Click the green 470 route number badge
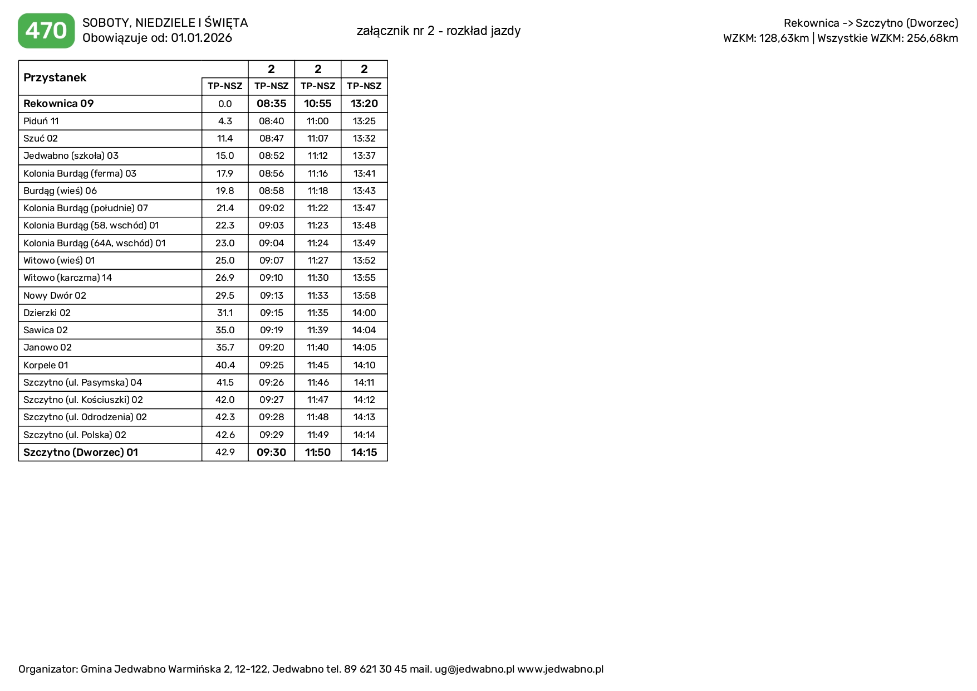pyautogui.click(x=46, y=31)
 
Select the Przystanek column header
pyautogui.click(x=55, y=77)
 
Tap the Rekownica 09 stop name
pyautogui.click(x=58, y=104)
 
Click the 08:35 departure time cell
pyautogui.click(x=271, y=104)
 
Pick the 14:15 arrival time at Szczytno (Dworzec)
pyautogui.click(x=364, y=452)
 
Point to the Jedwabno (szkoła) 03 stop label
pyautogui.click(x=71, y=156)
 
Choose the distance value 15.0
pyautogui.click(x=225, y=156)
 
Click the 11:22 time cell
pyautogui.click(x=318, y=208)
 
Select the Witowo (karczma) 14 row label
pyautogui.click(x=67, y=278)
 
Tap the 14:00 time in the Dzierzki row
pyautogui.click(x=364, y=313)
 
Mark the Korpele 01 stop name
pyautogui.click(x=46, y=365)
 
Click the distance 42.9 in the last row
pyautogui.click(x=225, y=452)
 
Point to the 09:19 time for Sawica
pyautogui.click(x=271, y=330)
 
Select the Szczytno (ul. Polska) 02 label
pyautogui.click(x=75, y=435)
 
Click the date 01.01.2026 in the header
pyautogui.click(x=202, y=38)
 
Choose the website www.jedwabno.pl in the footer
pyautogui.click(x=560, y=669)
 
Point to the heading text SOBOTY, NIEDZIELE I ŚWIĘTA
pyautogui.click(x=165, y=23)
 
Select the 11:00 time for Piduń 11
pyautogui.click(x=318, y=121)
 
